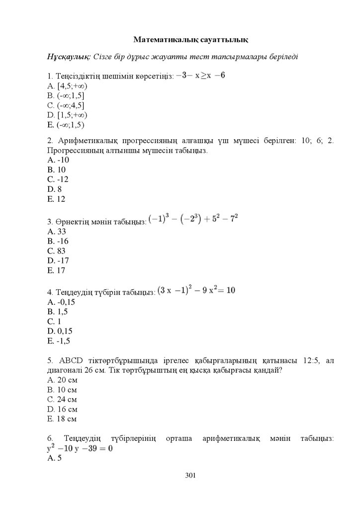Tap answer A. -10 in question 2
pyautogui.click(x=58, y=160)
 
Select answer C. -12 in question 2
pyautogui.click(x=58, y=179)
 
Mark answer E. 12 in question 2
pyautogui.click(x=56, y=199)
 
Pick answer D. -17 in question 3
pyautogui.click(x=58, y=260)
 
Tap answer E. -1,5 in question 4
pyautogui.click(x=59, y=341)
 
